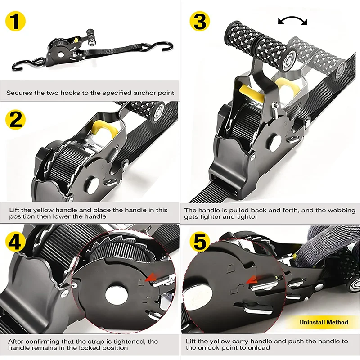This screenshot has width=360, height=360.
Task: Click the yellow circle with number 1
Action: click(x=15, y=21)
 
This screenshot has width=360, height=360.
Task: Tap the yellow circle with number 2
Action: click(x=15, y=119)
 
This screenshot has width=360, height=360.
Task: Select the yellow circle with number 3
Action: click(x=199, y=21)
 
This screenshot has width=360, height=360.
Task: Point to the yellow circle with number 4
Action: click(x=15, y=242)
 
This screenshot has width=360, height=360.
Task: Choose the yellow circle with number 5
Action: click(x=199, y=242)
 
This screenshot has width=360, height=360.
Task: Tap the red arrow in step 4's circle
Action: click(x=151, y=277)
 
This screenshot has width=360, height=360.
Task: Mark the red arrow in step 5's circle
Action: click(x=252, y=280)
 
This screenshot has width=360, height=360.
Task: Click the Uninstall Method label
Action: click(x=324, y=322)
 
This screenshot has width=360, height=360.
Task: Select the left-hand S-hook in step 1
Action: click(x=27, y=64)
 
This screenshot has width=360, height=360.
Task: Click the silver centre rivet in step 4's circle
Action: click(x=117, y=296)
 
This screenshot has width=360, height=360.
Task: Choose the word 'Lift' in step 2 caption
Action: click(x=14, y=210)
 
